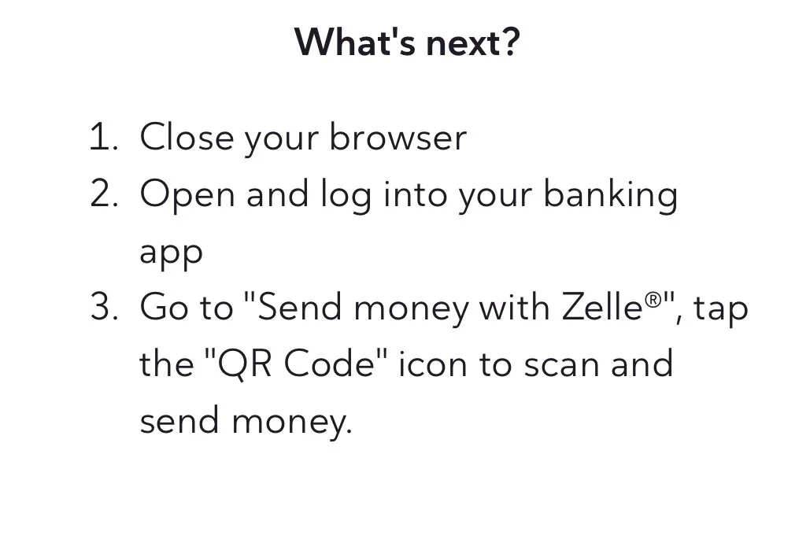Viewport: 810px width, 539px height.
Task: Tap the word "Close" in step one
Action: pyautogui.click(x=187, y=138)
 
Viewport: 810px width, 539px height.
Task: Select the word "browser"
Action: pyautogui.click(x=398, y=138)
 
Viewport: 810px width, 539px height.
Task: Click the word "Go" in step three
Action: pyautogui.click(x=163, y=308)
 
